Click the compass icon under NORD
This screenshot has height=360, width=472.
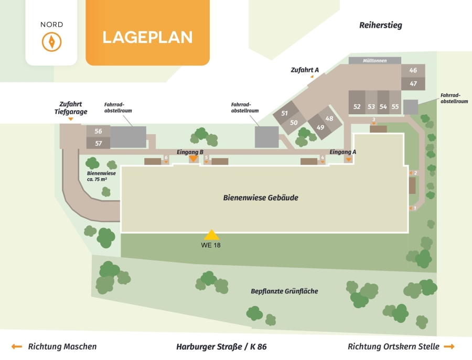click(51, 42)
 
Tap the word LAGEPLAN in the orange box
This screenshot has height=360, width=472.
click(147, 37)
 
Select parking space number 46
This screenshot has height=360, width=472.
click(413, 70)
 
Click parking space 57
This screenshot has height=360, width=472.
click(99, 143)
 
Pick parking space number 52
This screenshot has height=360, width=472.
click(357, 103)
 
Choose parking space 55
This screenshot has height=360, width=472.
click(395, 103)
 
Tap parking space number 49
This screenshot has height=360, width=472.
click(320, 127)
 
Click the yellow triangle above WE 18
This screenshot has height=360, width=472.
click(212, 235)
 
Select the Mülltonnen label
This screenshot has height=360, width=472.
click(375, 60)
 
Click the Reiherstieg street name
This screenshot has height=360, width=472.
click(381, 25)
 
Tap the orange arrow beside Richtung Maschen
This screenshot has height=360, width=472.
click(17, 346)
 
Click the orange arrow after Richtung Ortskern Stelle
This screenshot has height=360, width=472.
click(449, 346)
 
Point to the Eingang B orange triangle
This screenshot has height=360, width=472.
click(193, 158)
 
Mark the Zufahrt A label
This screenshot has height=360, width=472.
click(305, 70)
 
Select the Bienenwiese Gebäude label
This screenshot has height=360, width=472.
click(261, 198)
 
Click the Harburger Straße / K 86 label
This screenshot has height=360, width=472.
click(221, 347)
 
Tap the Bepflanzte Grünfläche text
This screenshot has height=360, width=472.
click(284, 291)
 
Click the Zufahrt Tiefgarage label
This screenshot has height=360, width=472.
click(71, 108)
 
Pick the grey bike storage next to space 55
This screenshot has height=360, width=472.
click(411, 107)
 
